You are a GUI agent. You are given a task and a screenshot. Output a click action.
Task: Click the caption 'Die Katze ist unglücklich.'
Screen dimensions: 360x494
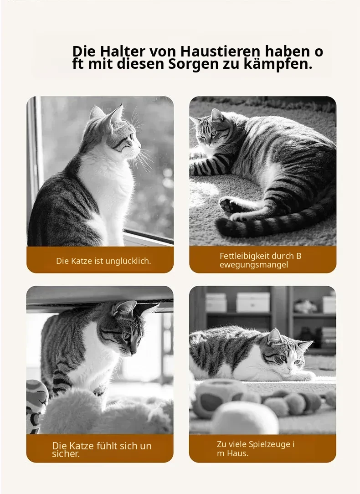point(103,261)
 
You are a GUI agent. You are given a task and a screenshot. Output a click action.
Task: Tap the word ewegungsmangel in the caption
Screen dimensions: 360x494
point(254,265)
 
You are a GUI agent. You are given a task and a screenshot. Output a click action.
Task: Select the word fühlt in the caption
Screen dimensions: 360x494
point(104,446)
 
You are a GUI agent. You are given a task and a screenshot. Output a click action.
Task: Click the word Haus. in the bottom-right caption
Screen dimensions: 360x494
point(238,453)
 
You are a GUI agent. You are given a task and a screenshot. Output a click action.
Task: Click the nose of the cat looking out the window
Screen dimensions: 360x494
point(140,146)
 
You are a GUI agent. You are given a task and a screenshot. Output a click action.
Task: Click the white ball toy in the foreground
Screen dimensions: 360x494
point(245,418)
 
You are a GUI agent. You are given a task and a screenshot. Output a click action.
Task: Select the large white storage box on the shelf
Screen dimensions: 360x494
point(253,303)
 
